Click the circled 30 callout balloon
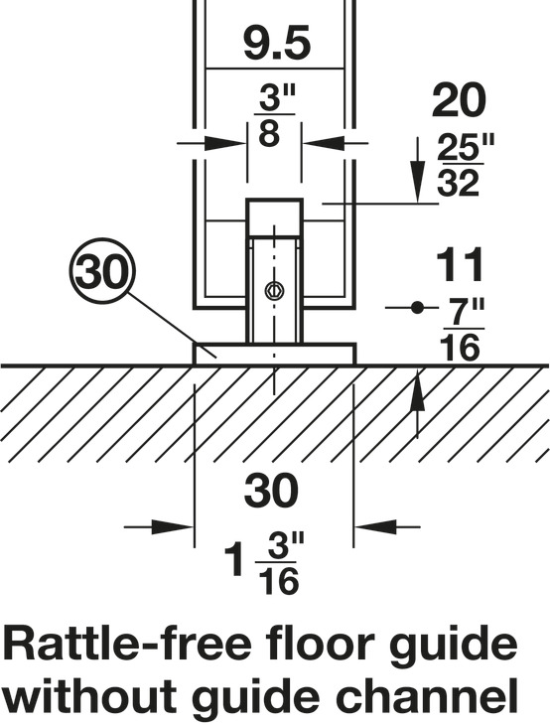[x=101, y=271]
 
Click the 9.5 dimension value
[x=277, y=45]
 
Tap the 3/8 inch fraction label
[x=275, y=115]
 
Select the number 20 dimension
[x=459, y=100]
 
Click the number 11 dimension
[x=461, y=264]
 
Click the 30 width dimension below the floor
[x=271, y=491]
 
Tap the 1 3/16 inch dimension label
[x=265, y=563]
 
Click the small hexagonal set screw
[x=274, y=290]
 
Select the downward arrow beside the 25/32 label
[x=418, y=170]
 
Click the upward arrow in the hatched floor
[x=418, y=401]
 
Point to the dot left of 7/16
[x=418, y=307]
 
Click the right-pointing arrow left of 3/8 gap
[x=211, y=143]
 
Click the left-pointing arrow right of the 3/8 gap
[x=336, y=143]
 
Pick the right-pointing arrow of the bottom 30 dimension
[x=159, y=526]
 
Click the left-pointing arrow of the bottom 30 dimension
[x=387, y=526]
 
